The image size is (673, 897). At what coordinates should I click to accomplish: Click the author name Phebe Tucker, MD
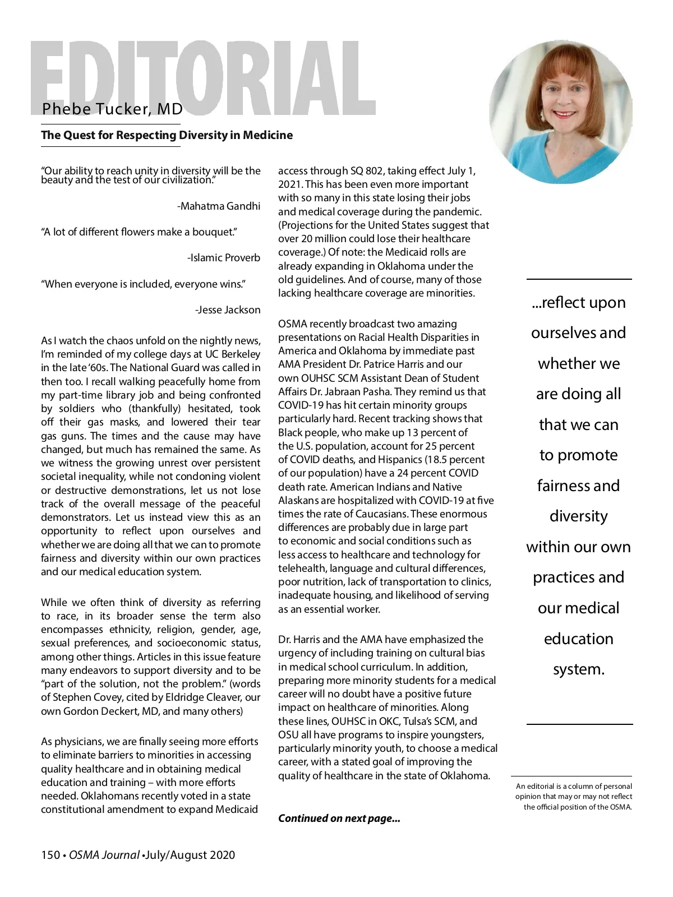(112, 109)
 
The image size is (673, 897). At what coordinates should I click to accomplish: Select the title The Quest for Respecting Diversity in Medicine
(167, 135)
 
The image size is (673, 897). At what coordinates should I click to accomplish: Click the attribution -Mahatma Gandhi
(219, 206)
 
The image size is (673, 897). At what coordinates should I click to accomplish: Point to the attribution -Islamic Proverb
(224, 258)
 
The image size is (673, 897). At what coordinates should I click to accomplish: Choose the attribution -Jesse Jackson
(228, 310)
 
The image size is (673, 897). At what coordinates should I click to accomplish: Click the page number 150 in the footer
(50, 855)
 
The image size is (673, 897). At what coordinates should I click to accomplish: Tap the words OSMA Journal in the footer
(104, 855)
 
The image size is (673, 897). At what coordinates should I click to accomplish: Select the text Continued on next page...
(339, 819)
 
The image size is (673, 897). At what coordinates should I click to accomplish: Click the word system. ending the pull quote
(579, 669)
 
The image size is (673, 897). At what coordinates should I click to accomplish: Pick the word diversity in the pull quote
(579, 516)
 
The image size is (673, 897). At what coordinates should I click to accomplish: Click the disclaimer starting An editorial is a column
(574, 797)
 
